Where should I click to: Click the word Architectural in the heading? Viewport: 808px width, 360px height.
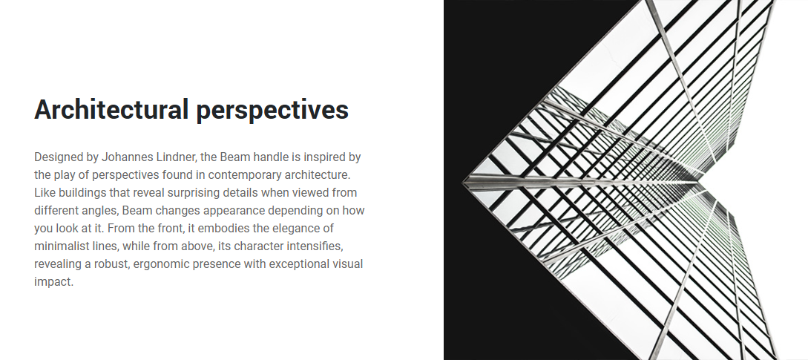(x=111, y=109)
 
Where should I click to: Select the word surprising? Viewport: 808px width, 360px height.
(x=189, y=193)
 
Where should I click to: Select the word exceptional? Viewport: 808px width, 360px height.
(x=301, y=264)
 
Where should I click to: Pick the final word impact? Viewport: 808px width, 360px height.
(x=53, y=282)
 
